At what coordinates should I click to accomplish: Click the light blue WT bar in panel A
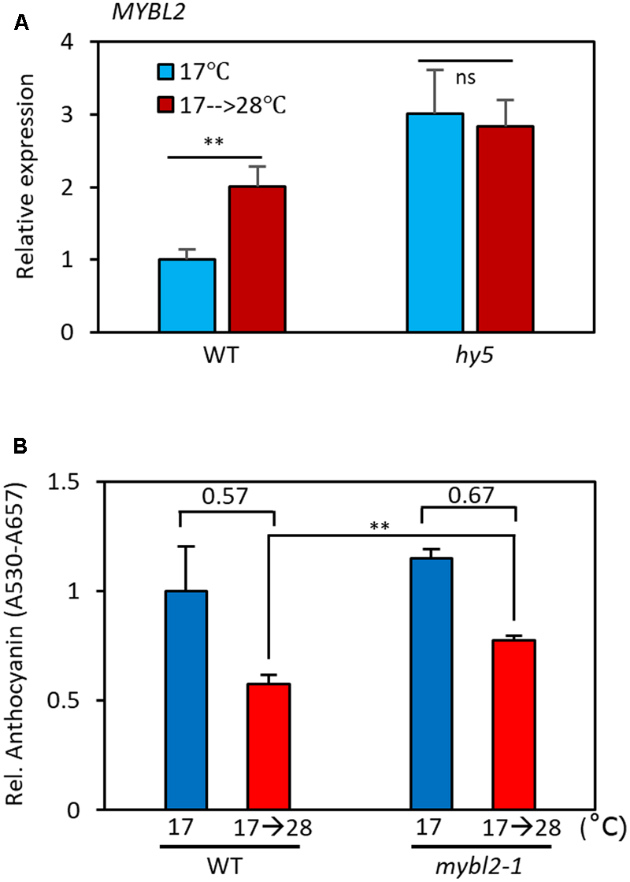coord(187,295)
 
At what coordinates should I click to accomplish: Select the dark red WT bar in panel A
coord(257,259)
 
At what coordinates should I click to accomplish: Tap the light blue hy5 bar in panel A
coord(435,223)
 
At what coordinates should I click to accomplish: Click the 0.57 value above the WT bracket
coord(228,495)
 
